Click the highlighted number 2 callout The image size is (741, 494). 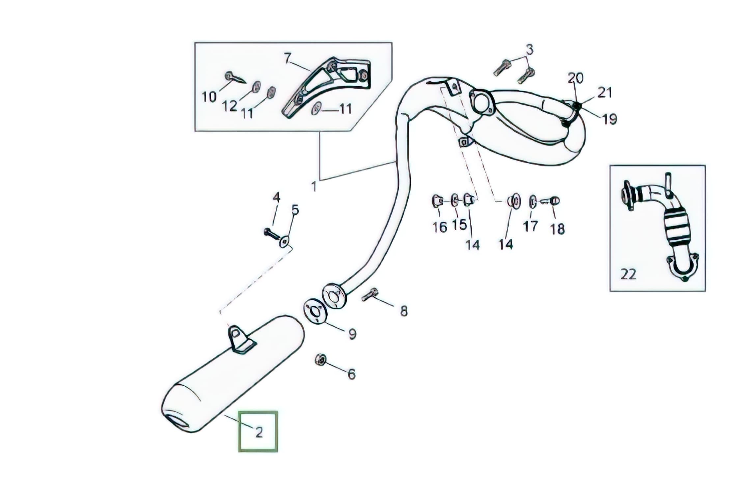(259, 432)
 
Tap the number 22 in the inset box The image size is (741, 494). (628, 274)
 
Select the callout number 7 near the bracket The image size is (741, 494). (288, 59)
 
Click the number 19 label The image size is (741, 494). (609, 119)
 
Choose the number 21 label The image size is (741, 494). (605, 93)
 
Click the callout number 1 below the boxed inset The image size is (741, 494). (314, 187)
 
